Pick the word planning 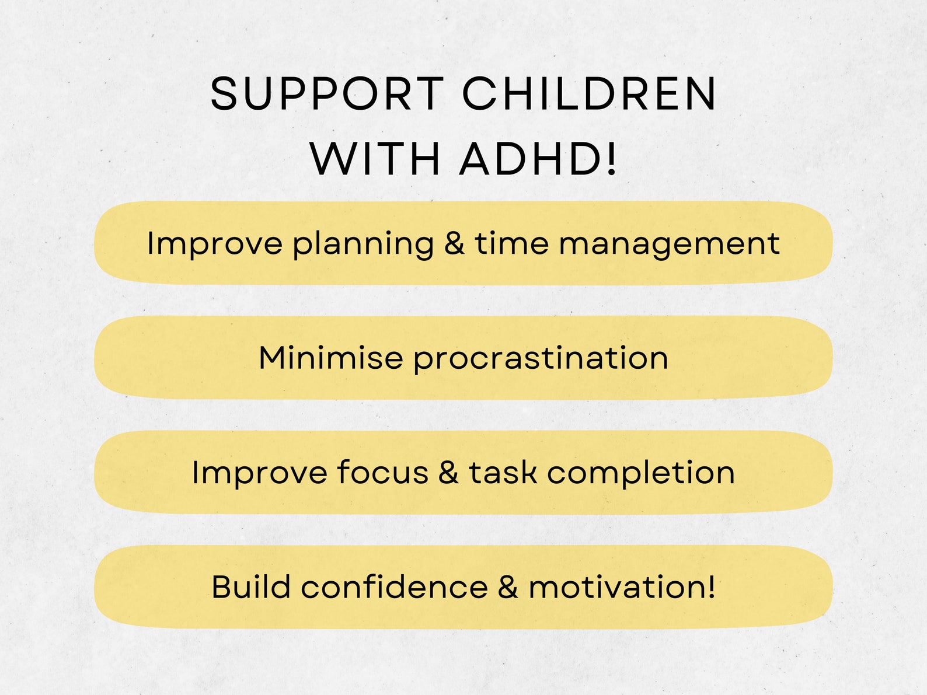363,244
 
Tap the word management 669,244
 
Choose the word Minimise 330,358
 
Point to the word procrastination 541,359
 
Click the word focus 382,472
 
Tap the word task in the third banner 503,472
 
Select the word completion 640,473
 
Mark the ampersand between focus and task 448,472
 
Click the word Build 251,586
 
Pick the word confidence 394,586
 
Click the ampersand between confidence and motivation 508,586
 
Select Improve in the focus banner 259,473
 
